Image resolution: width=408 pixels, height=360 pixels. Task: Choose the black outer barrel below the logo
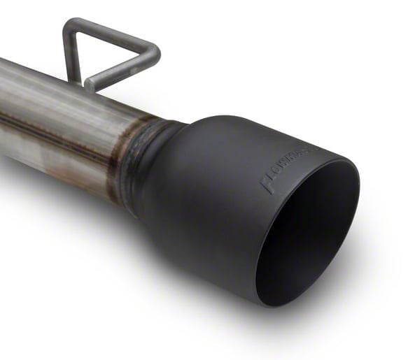[224, 231]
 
